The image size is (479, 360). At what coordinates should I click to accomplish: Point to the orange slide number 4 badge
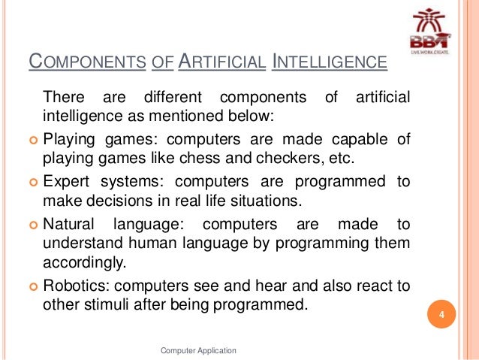point(442,313)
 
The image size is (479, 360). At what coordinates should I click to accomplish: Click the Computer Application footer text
point(199,350)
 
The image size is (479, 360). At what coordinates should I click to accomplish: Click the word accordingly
point(83,262)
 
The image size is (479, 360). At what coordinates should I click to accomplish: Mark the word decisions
point(113,201)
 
